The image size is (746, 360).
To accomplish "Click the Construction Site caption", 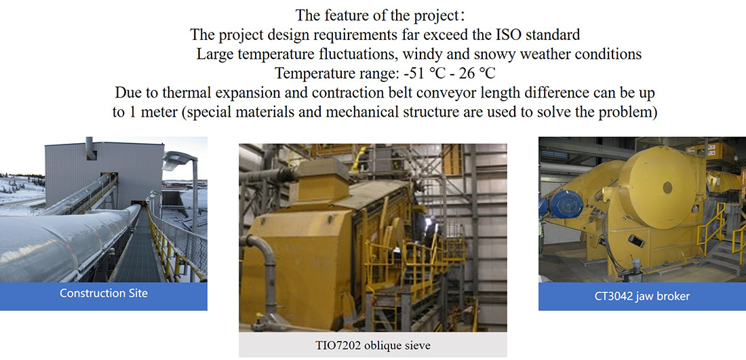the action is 104,293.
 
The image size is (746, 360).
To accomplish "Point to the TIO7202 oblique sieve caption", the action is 373,345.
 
